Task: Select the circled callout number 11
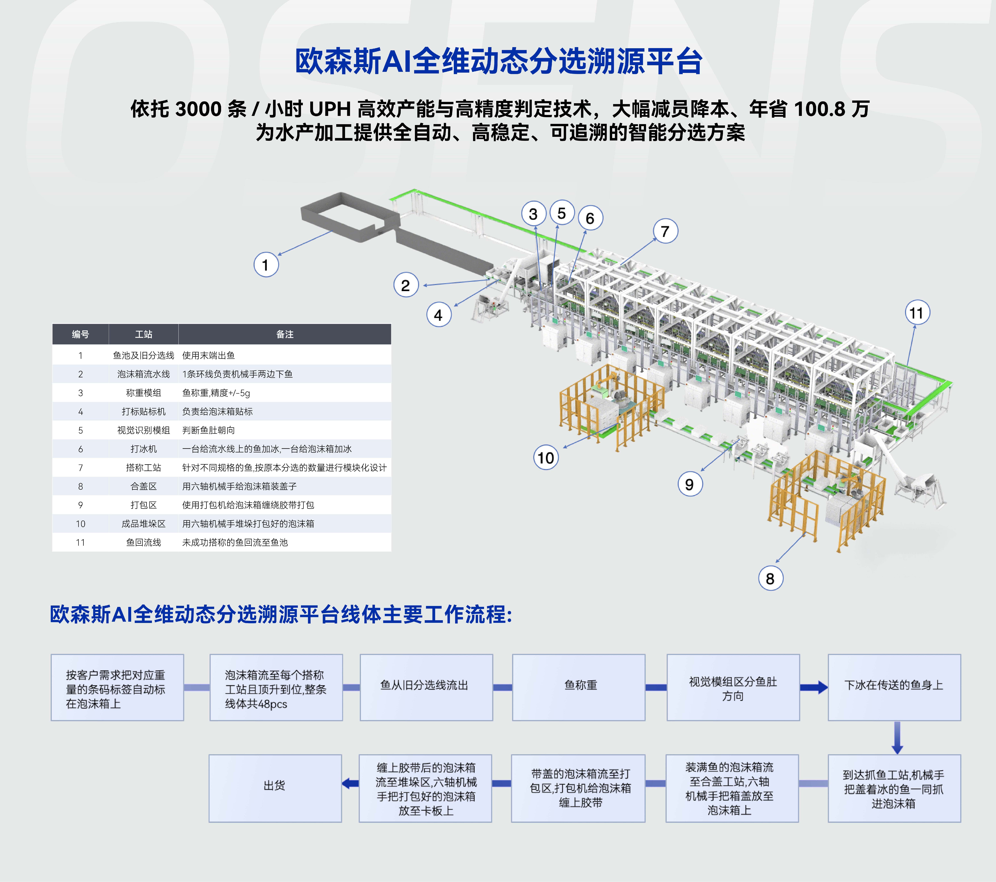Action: [x=917, y=313]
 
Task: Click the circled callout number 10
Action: [x=546, y=458]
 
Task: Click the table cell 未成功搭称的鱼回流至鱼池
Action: [x=235, y=542]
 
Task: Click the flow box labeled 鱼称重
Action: [x=579, y=687]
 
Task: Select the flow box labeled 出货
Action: [x=275, y=788]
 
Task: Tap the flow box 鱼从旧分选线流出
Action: [x=426, y=687]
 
